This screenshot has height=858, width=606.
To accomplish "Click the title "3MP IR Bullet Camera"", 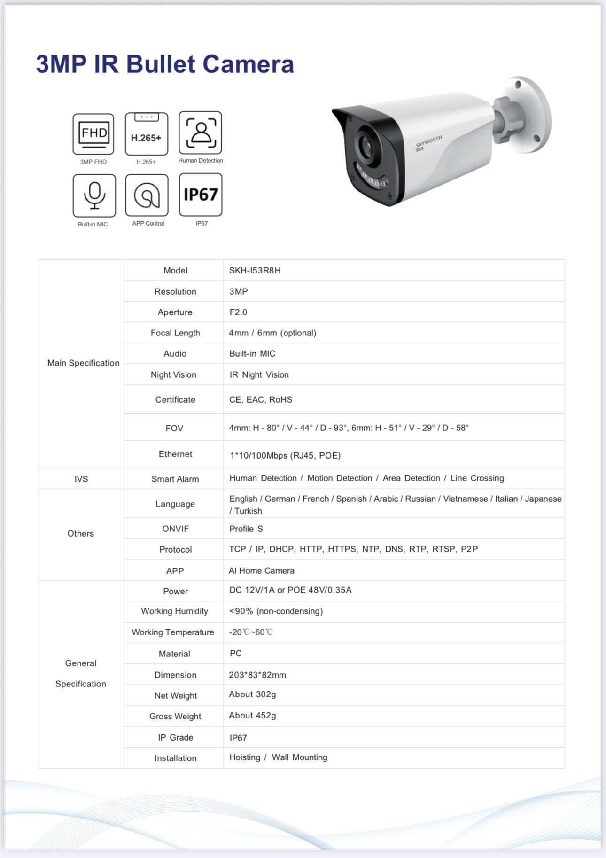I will [165, 64].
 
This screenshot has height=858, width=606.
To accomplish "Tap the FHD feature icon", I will [93, 134].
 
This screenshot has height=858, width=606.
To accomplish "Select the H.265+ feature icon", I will [146, 134].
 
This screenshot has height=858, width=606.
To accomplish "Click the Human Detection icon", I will [200, 133].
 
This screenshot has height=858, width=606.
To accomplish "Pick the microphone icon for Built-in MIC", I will [94, 195].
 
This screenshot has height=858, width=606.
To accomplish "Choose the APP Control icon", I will [147, 195].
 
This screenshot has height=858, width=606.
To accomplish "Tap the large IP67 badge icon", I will [201, 195].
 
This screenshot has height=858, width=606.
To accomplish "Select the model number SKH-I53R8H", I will [255, 271].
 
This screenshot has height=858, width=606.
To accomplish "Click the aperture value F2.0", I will [238, 312].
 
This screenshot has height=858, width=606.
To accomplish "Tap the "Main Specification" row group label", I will [83, 363].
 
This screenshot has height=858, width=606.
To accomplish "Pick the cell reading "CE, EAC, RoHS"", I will [261, 400].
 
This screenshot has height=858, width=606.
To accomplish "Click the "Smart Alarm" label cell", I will [175, 479].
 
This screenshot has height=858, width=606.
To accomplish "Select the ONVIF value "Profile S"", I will [246, 529].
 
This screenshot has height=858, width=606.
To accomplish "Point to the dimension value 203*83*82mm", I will [257, 675].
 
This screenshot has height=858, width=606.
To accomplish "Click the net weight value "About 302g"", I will [252, 694].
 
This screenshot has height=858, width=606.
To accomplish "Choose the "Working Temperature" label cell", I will [173, 632].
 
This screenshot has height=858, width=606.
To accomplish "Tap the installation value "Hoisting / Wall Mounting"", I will [278, 757].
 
